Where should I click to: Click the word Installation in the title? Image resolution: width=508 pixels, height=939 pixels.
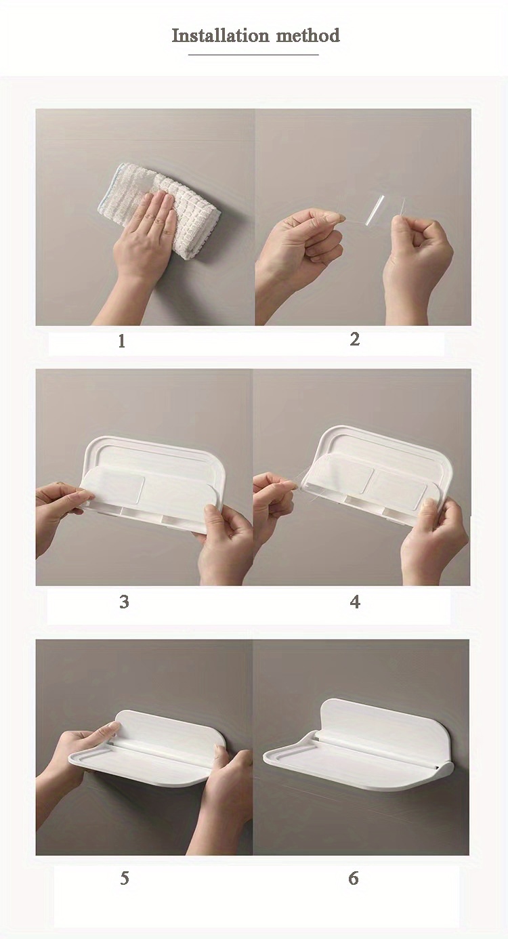coord(220,35)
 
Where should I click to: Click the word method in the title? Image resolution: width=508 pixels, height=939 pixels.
coord(308,35)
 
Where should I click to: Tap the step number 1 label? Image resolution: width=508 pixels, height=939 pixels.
coord(121,341)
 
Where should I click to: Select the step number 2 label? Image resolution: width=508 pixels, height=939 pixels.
coord(355,339)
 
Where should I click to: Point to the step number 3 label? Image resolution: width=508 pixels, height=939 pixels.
coord(124,602)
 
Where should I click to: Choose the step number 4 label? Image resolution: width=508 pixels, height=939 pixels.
coord(355,602)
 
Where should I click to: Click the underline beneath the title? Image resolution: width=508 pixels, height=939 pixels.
coord(253,54)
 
